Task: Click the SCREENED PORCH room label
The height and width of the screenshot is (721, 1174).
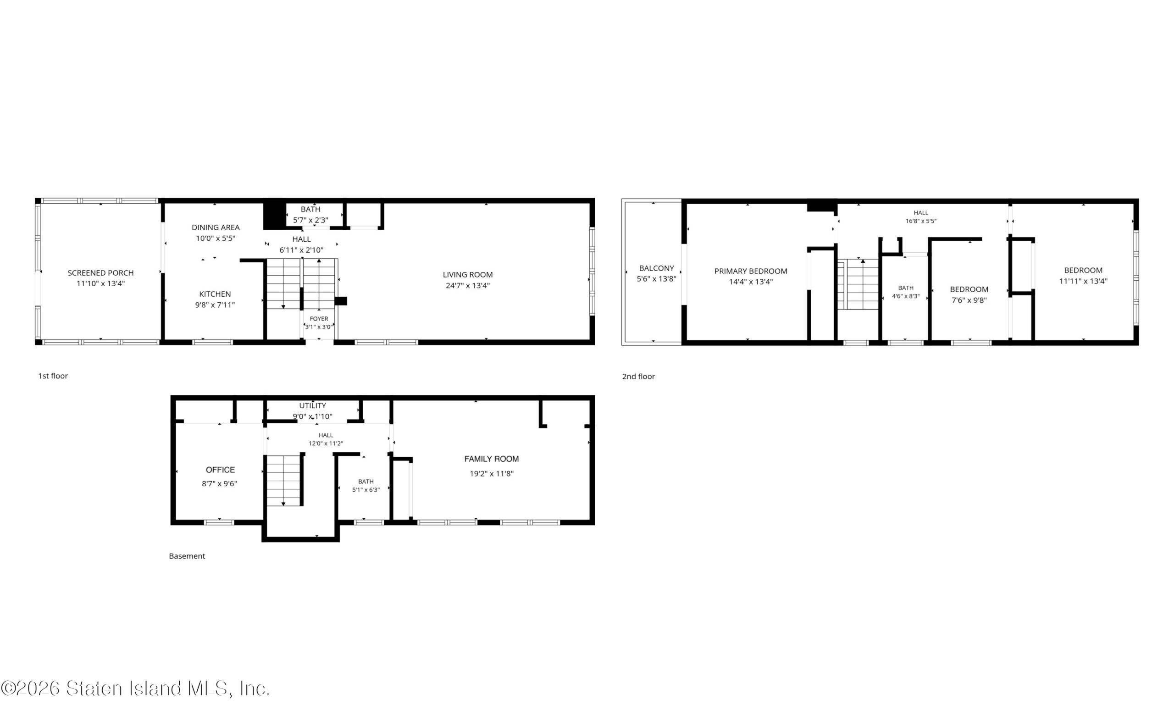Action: [x=100, y=273]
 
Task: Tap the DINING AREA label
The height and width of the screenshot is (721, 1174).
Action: [x=216, y=227]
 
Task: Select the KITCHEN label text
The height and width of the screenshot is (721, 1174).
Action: [x=215, y=294]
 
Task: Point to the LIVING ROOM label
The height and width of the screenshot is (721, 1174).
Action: [x=468, y=275]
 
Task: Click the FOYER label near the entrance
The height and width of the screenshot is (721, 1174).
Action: [x=319, y=319]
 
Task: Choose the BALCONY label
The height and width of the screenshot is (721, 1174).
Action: [x=656, y=268]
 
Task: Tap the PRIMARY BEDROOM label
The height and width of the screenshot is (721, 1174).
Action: [x=751, y=272]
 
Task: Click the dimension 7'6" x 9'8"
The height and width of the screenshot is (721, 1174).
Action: [x=969, y=300]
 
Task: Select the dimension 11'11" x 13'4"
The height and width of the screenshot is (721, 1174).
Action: [x=1083, y=281]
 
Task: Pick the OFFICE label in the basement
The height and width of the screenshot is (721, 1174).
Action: [x=220, y=470]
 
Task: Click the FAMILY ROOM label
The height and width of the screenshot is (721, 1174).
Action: [x=492, y=459]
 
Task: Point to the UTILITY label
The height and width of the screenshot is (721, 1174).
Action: [x=313, y=406]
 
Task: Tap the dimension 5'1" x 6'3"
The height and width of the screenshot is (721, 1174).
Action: [x=366, y=490]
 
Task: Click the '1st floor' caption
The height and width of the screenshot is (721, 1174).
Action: [x=53, y=376]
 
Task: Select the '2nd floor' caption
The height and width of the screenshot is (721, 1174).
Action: [x=638, y=376]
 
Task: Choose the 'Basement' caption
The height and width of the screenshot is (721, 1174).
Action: [x=187, y=556]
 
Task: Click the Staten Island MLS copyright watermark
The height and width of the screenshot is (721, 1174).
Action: [x=135, y=688]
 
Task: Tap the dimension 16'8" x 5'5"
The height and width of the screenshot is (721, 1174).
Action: [x=921, y=221]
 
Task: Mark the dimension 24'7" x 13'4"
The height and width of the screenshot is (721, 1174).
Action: [x=468, y=286]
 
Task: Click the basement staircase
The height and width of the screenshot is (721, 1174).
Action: [x=284, y=480]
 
